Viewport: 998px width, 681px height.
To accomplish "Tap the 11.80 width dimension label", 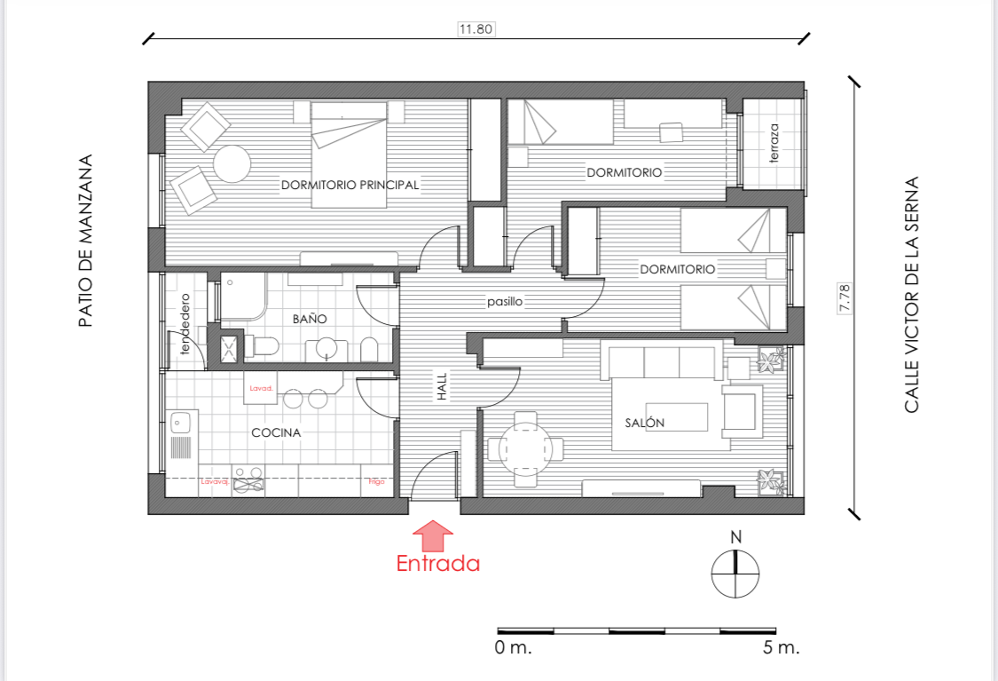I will click(475, 28).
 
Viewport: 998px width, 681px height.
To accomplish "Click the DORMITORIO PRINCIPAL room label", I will click(350, 185).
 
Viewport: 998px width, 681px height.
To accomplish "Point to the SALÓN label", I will click(644, 423).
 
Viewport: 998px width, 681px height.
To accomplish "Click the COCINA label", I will click(276, 432).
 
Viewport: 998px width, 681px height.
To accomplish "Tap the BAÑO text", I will click(310, 318).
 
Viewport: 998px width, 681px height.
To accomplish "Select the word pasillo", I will click(505, 302).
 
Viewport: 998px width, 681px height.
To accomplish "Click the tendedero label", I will click(185, 324).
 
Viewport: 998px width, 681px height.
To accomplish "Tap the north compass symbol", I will click(735, 573).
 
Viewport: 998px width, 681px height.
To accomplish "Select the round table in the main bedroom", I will click(232, 163).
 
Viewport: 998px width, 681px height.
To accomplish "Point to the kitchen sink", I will click(181, 422).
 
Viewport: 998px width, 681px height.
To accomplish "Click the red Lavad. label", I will click(260, 388).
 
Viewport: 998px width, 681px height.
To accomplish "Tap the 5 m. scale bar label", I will click(781, 647).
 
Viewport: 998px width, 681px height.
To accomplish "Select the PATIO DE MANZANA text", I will click(85, 242).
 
